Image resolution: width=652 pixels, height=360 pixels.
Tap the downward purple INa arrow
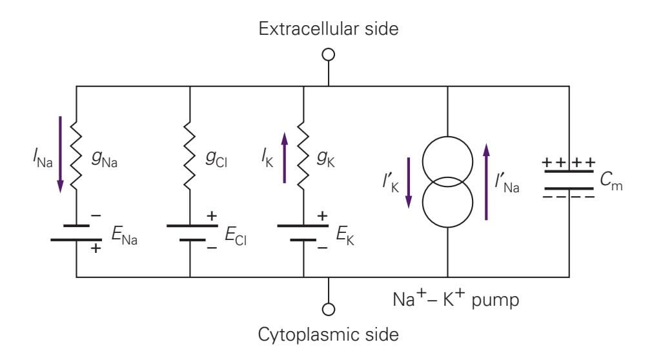pos(61,154)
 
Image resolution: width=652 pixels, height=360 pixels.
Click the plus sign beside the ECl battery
pos(211,215)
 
